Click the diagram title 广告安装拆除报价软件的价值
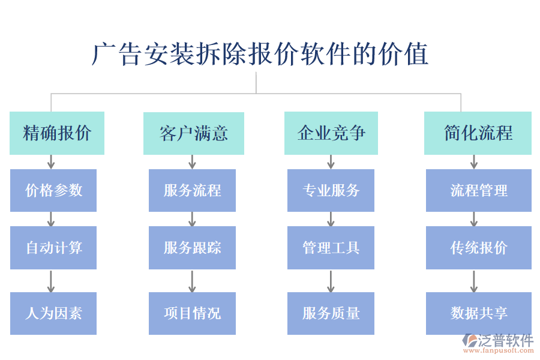point(260,54)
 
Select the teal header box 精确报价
point(57,133)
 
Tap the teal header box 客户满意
point(193,133)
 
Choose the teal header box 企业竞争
point(331,133)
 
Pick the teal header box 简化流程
point(478,133)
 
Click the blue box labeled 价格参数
point(53,190)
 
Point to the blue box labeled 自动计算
point(53,247)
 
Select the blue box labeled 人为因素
point(53,313)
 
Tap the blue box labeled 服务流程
point(192,190)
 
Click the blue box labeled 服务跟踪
point(192,247)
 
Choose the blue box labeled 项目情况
point(192,313)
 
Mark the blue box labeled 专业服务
point(331,190)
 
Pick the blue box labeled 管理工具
point(331,247)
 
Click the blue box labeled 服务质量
point(331,313)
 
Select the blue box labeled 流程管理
point(478,190)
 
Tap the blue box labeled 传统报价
point(478,247)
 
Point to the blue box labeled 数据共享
point(478,313)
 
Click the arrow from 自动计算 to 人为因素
point(51,281)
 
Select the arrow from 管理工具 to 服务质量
point(331,281)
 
